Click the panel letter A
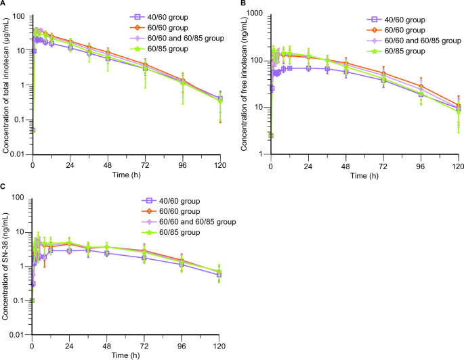tap(3, 3)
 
